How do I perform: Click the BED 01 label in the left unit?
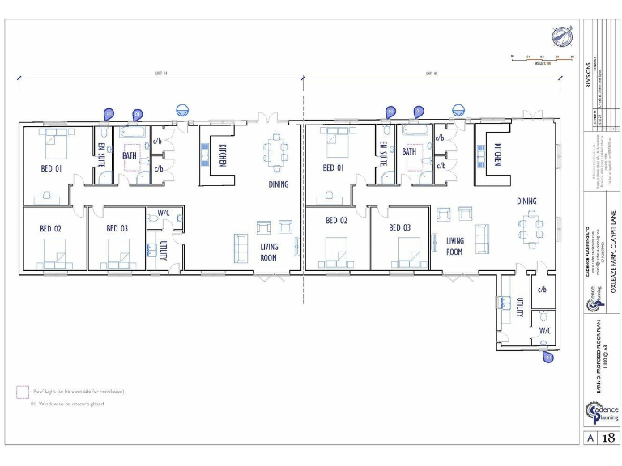click(x=52, y=168)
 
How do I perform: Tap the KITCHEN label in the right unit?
click(x=498, y=154)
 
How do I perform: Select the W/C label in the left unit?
click(x=163, y=213)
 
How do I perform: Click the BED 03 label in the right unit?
click(x=400, y=228)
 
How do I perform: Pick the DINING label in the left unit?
click(x=278, y=184)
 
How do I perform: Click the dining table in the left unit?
click(x=275, y=151)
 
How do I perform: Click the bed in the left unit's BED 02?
click(x=55, y=254)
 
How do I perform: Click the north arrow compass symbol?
click(x=562, y=36)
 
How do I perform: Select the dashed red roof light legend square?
click(x=22, y=392)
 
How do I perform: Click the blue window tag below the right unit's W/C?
click(x=549, y=354)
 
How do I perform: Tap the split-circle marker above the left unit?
click(x=182, y=108)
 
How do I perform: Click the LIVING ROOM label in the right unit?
click(x=455, y=245)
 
